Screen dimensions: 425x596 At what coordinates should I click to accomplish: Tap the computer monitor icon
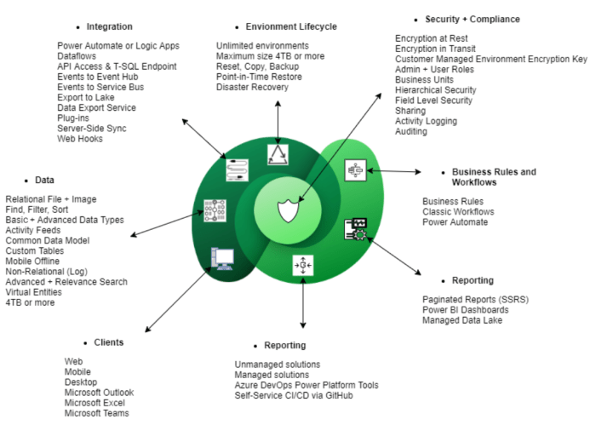223,258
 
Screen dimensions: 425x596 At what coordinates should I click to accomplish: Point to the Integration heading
110,26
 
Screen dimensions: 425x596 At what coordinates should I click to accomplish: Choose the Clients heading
108,342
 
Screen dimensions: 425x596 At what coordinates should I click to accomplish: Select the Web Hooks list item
82,139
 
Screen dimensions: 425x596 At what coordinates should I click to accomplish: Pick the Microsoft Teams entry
97,413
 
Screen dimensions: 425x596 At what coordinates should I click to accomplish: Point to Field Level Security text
433,101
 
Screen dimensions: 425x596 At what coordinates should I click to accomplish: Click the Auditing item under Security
413,132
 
